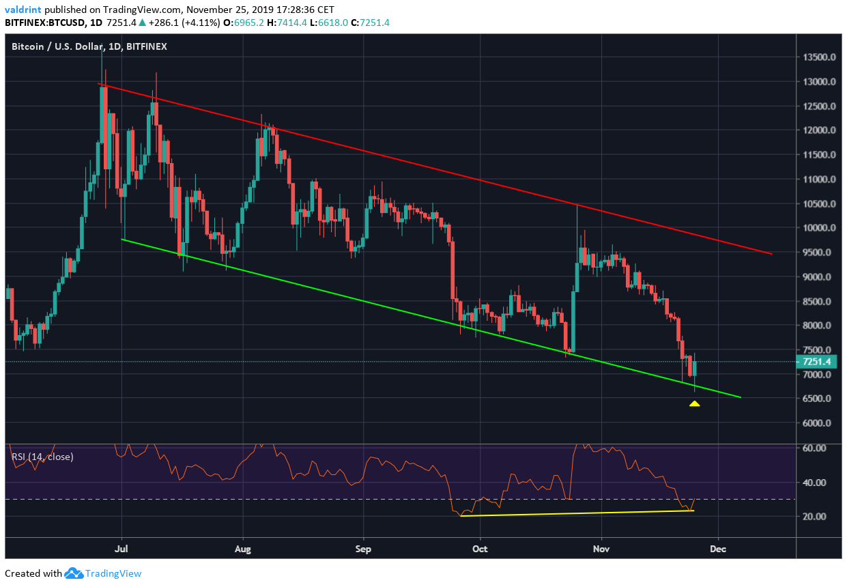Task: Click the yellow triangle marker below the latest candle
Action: tap(694, 403)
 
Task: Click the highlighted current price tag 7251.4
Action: tap(818, 362)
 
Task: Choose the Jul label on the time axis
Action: tap(122, 547)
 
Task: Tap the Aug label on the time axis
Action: tap(243, 547)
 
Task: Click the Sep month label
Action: tap(364, 547)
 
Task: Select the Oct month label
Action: tap(480, 547)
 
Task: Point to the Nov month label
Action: tap(601, 547)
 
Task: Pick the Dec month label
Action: tap(718, 547)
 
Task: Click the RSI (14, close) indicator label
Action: tap(42, 457)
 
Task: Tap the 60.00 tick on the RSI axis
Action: tap(816, 448)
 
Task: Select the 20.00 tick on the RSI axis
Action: tap(816, 516)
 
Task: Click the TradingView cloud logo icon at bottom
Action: tap(74, 573)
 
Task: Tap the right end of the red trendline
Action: tap(772, 254)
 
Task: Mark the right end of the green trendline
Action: tap(741, 397)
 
